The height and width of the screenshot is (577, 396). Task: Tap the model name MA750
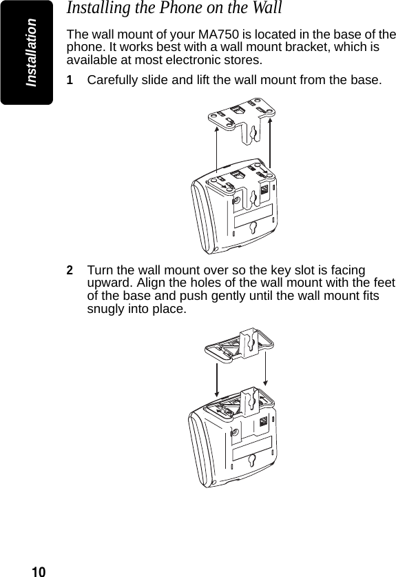(x=218, y=34)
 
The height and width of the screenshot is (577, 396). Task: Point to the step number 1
(x=70, y=81)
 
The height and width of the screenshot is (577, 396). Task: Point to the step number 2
(x=70, y=270)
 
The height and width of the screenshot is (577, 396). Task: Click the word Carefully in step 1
(x=113, y=81)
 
